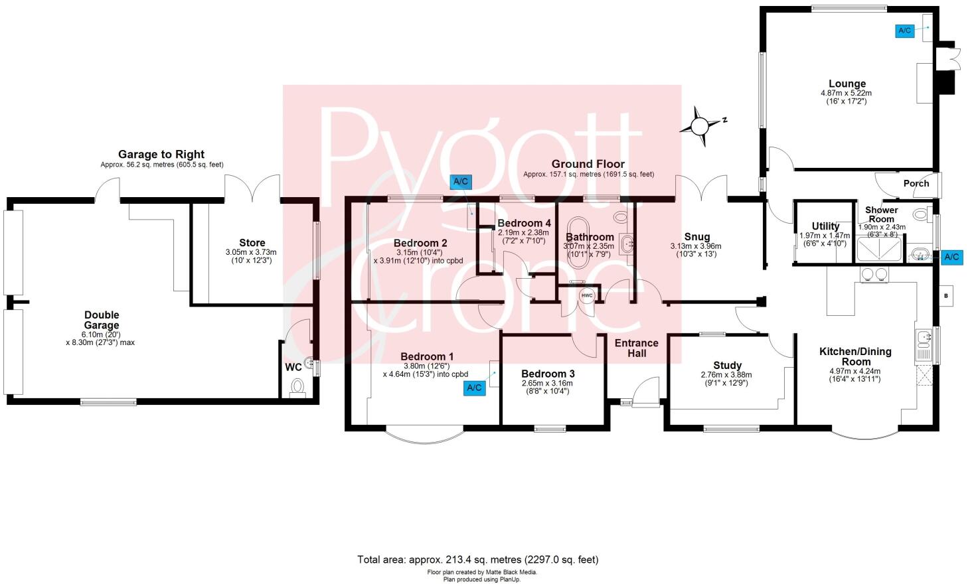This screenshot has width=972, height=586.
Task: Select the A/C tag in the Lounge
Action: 904,31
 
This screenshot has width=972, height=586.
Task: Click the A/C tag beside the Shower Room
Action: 951,257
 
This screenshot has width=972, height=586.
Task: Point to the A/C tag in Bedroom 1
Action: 474,388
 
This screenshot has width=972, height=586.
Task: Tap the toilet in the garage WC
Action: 297,387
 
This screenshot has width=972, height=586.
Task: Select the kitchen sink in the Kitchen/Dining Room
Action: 923,344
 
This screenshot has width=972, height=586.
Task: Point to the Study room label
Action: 727,365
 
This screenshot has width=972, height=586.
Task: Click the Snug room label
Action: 696,237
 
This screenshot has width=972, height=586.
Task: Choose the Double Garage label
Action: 101,320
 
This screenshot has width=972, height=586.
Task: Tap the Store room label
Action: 252,243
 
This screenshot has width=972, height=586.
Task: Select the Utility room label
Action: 825,226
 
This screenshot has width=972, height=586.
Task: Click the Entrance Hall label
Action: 636,348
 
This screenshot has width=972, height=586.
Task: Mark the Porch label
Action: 916,183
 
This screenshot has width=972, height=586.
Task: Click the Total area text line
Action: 477,559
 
